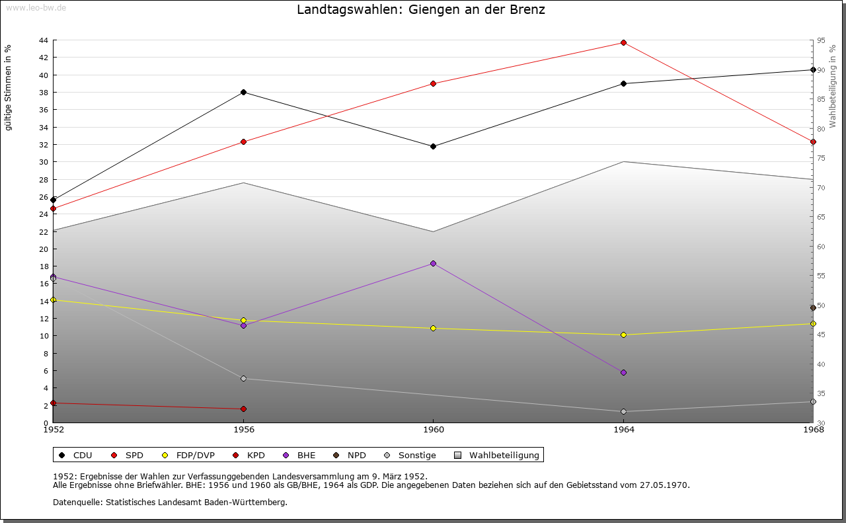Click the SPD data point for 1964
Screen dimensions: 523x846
click(623, 42)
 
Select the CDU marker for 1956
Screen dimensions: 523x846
click(243, 92)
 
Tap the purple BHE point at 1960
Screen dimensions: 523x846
click(433, 263)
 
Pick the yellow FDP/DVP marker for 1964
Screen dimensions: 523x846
click(623, 335)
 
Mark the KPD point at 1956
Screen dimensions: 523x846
click(243, 409)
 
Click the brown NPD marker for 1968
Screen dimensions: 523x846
click(813, 308)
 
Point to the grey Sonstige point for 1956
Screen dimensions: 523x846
click(243, 378)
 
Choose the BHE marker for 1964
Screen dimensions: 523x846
click(623, 372)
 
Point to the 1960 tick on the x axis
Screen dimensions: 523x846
click(433, 429)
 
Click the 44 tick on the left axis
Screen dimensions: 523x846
click(43, 40)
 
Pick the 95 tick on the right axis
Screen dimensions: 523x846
click(821, 40)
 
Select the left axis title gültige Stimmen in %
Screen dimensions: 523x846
click(9, 87)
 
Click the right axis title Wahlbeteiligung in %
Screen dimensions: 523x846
click(833, 86)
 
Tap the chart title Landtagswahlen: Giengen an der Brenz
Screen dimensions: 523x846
click(421, 10)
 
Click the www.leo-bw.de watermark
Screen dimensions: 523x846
click(35, 7)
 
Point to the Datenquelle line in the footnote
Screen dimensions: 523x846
click(170, 502)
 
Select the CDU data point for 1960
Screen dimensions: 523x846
click(433, 146)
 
